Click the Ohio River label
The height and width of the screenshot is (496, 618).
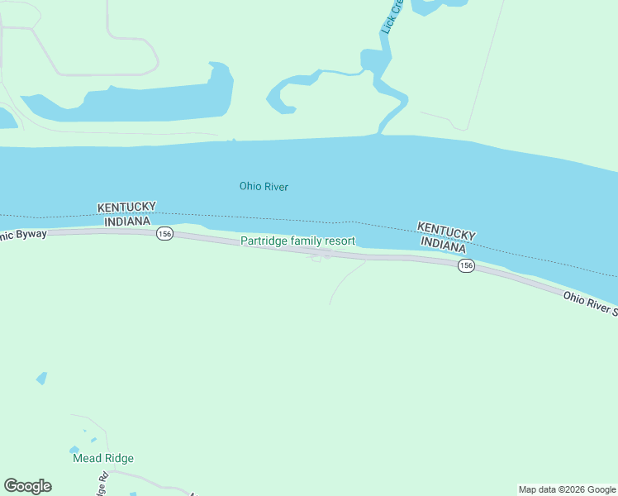(x=264, y=186)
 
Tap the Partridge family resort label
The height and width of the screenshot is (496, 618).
(x=297, y=241)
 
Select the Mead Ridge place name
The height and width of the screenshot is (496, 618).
(x=102, y=458)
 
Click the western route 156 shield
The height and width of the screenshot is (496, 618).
(x=164, y=235)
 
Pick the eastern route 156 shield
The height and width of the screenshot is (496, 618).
(x=467, y=265)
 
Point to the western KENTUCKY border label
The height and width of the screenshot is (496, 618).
(x=126, y=207)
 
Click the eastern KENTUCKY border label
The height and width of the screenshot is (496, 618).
(x=446, y=230)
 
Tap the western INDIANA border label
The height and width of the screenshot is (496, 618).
(x=127, y=221)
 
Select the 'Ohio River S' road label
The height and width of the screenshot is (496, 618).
(x=590, y=303)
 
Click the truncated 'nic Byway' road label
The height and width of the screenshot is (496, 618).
(x=23, y=235)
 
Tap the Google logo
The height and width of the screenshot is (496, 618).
(x=27, y=486)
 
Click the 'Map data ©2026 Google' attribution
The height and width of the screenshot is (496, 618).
(x=568, y=489)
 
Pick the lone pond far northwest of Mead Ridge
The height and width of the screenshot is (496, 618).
(x=41, y=378)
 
